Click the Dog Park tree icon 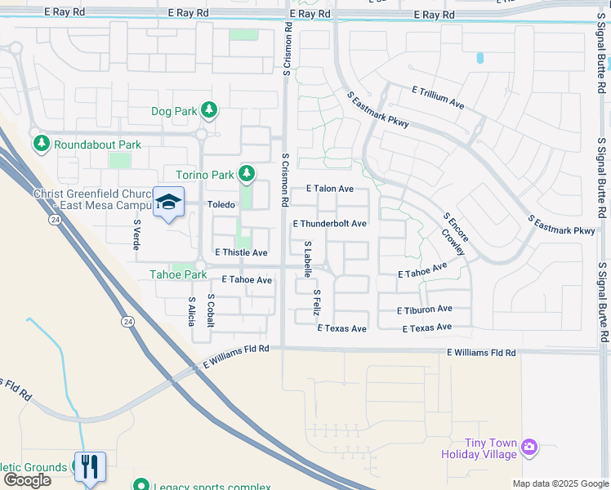click(x=209, y=109)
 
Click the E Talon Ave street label click(x=329, y=189)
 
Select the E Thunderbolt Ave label click(x=329, y=223)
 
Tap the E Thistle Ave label click(x=241, y=253)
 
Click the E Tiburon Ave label click(x=424, y=310)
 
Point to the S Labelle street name click(x=308, y=259)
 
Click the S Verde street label click(x=136, y=234)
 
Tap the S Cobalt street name click(x=211, y=310)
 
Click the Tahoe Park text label click(x=177, y=274)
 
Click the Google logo click(x=27, y=480)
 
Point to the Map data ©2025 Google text click(x=560, y=483)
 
